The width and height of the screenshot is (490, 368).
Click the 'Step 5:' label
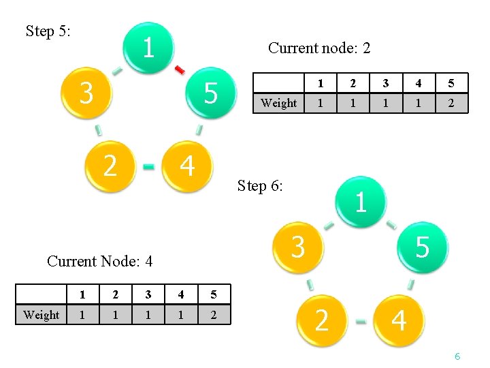tap(48, 31)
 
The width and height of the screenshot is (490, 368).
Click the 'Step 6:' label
tap(260, 185)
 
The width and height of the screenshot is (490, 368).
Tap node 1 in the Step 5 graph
tap(148, 48)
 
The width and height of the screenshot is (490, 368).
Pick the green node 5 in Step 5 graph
tap(210, 93)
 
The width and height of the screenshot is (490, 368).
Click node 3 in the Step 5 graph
tap(86, 93)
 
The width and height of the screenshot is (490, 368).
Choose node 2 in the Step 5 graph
tap(109, 166)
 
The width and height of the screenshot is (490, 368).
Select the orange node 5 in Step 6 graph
tap(422, 247)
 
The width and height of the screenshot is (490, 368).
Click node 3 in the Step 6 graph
tap(297, 246)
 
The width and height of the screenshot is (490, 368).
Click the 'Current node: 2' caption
tap(319, 48)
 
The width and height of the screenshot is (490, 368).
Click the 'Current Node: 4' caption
tap(99, 261)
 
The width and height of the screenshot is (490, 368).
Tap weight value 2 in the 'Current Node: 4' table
tap(214, 315)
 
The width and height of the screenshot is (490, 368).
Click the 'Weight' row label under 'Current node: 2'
tap(278, 103)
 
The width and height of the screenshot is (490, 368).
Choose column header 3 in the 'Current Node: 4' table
tap(147, 295)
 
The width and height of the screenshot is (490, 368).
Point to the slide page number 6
tap(457, 356)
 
